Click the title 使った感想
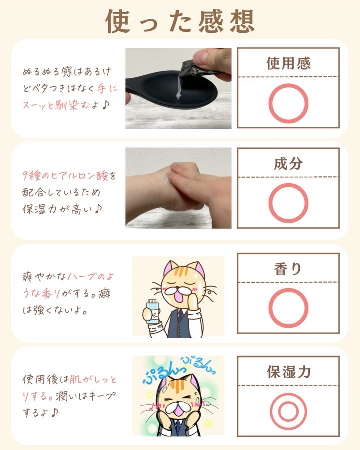tap(180, 21)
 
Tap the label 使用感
tap(288, 63)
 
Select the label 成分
tap(288, 164)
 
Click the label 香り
tap(288, 269)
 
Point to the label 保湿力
tap(289, 372)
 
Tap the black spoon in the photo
tap(172, 90)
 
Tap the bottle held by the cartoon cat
tap(152, 311)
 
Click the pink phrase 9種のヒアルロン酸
tap(65, 175)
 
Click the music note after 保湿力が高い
tap(98, 209)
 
